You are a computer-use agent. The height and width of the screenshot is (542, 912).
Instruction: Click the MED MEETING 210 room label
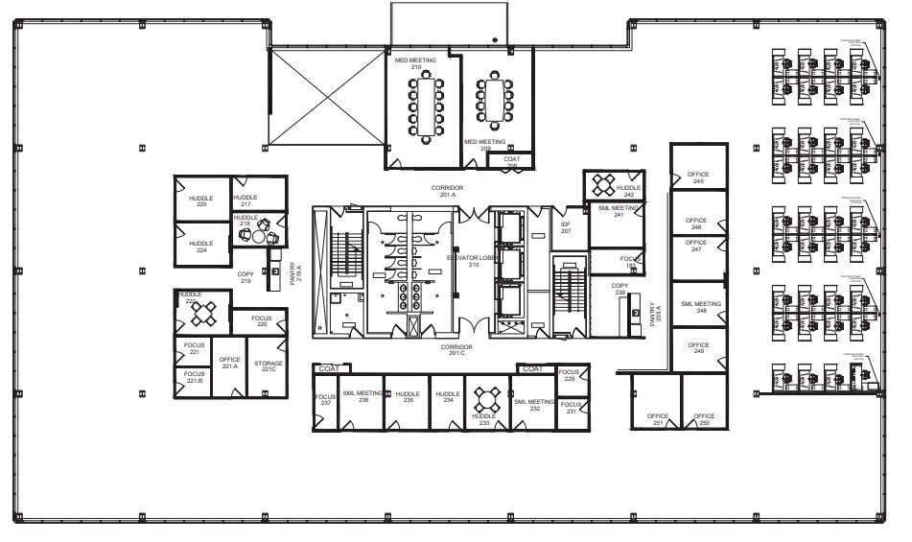[415, 63]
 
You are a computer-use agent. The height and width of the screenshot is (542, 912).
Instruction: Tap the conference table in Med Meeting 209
[495, 100]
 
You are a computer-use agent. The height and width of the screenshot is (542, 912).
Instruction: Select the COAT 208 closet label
[511, 162]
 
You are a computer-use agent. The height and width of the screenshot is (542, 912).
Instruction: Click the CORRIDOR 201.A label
[446, 191]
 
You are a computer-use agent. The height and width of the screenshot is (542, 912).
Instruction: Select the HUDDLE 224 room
[201, 246]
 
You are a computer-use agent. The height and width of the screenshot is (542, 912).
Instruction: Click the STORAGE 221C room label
[268, 367]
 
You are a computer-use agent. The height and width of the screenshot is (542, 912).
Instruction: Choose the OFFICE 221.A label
[229, 364]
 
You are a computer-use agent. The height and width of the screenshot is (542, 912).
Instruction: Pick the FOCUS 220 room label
[262, 321]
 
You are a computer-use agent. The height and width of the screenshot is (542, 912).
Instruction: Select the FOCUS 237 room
[326, 401]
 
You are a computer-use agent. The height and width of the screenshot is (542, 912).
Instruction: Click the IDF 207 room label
[565, 227]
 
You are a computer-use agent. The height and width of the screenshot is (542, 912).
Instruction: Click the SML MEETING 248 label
[700, 307]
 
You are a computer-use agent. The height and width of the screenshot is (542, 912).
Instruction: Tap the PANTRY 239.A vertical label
[657, 313]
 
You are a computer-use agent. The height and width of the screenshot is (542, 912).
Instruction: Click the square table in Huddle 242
[604, 185]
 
